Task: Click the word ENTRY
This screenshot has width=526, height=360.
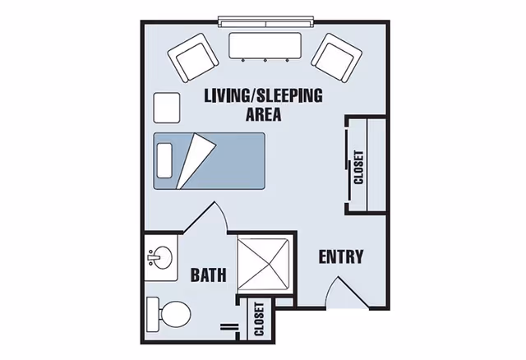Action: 340,256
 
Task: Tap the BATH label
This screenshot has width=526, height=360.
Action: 208,275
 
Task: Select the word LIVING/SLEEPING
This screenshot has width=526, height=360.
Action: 263,95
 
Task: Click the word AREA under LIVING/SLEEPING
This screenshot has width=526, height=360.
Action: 264,114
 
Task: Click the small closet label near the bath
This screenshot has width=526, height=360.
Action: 259,320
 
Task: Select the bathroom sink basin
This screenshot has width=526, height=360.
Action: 159,259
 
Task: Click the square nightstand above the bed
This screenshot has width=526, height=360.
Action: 167,107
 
